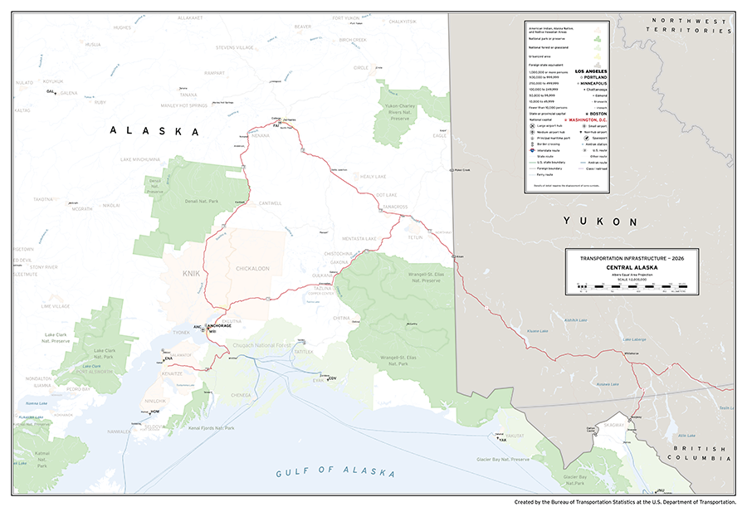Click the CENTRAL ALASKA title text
pos(632,267)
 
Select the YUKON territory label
pos(600,222)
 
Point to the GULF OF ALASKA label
pos(335,471)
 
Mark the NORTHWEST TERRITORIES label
pos(691,25)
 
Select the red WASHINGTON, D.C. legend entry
pos(593,119)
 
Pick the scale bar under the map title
pos(632,284)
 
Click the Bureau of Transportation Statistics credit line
pos(624,501)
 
